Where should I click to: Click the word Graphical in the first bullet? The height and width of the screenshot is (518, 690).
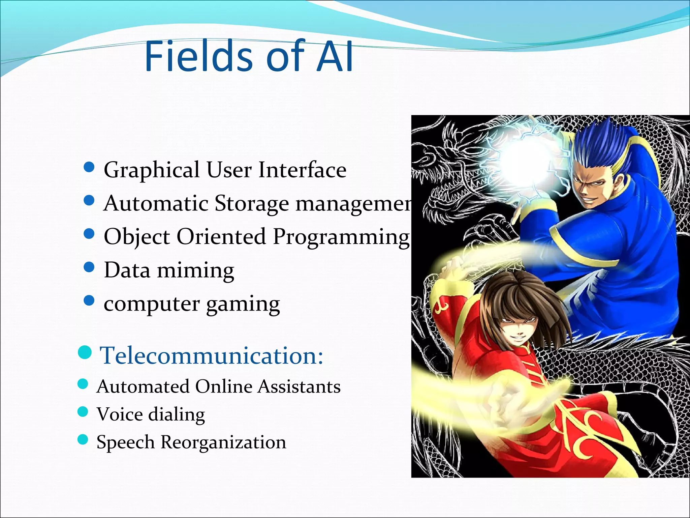pyautogui.click(x=152, y=170)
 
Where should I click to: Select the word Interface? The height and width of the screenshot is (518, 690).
pyautogui.click(x=302, y=170)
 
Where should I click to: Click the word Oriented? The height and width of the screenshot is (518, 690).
pyautogui.click(x=221, y=236)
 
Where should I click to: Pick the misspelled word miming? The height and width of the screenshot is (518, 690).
pyautogui.click(x=195, y=271)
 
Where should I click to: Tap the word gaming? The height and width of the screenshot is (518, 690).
pyautogui.click(x=243, y=305)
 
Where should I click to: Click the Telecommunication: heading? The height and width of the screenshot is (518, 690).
pyautogui.click(x=212, y=355)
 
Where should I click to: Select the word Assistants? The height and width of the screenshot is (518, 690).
pyautogui.click(x=299, y=386)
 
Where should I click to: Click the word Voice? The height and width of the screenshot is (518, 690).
pyautogui.click(x=119, y=414)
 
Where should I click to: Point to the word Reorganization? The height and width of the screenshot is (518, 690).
pyautogui.click(x=223, y=442)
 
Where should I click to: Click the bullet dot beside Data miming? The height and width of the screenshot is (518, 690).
pyautogui.click(x=89, y=267)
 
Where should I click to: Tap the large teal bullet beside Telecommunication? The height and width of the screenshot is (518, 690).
pyautogui.click(x=85, y=352)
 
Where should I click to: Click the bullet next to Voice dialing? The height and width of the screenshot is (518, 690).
pyautogui.click(x=83, y=412)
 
